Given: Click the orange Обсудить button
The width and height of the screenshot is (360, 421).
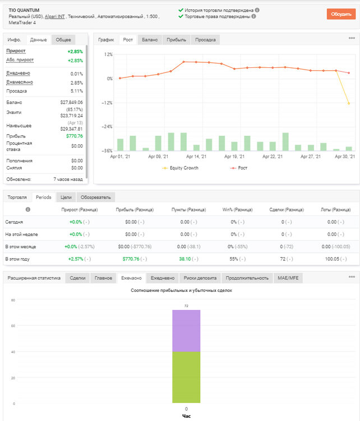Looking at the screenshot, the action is coord(341,14).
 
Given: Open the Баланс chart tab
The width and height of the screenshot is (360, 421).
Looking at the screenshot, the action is coord(150,40).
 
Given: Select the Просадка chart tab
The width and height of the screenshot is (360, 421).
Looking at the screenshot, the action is coord(205,40).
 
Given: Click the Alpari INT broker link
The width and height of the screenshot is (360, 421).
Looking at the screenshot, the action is coord(55,16).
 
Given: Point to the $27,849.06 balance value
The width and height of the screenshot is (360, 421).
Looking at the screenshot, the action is coord(72,102).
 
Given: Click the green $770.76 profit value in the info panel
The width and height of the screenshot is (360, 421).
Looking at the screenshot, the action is coord(75,136).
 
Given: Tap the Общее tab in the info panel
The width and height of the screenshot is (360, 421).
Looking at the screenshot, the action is coord(63,40).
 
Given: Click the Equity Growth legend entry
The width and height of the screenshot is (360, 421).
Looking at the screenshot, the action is coord(180,168).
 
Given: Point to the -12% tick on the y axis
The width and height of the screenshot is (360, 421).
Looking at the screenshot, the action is coord(107,103).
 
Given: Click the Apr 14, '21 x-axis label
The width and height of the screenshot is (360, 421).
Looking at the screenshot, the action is coord(196,157).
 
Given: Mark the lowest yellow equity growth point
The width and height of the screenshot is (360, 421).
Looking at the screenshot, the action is coord(349,103).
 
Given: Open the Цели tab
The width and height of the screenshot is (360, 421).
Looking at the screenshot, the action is coord(66,198).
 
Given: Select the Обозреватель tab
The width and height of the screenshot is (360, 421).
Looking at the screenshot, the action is coord(96,198).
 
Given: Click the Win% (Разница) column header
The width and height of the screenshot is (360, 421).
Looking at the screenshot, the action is coord(237,210).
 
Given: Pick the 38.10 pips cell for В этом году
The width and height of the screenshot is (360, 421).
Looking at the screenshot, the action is coord(185,259).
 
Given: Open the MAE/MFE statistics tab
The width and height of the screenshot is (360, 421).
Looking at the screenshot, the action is coord(288,278).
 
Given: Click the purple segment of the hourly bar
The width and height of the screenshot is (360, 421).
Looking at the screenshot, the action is coord(186,331).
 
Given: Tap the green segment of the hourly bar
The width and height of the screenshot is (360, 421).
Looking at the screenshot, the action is coord(186,377).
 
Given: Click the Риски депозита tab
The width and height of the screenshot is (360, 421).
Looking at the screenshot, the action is coord(200,278).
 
